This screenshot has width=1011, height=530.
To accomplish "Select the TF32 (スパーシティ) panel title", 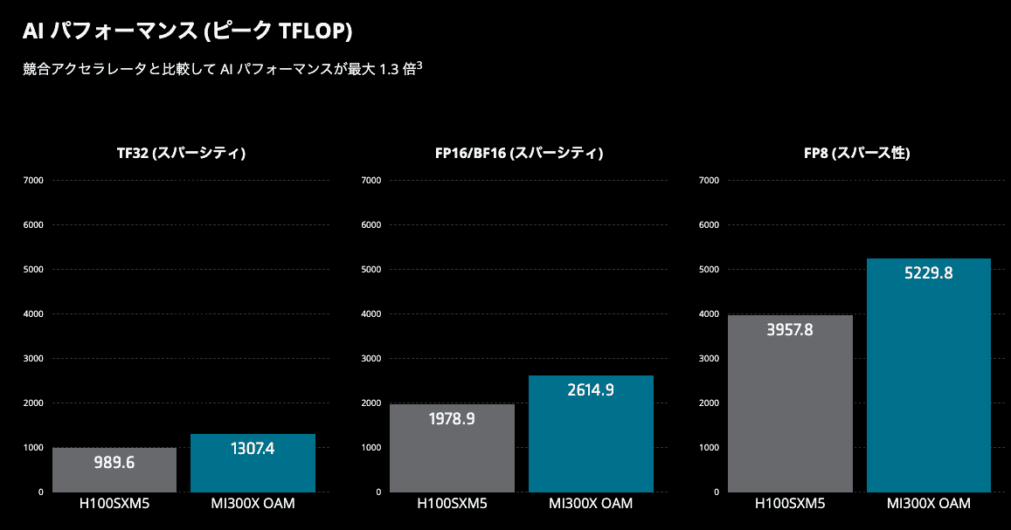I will [x=182, y=153].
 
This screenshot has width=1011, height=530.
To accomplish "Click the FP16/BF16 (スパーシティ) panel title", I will [x=519, y=153].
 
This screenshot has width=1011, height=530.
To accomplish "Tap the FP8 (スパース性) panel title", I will [x=857, y=153].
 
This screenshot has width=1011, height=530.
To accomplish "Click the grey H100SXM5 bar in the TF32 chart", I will [x=114, y=471].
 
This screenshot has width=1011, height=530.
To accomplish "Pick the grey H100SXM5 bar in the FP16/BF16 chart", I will [x=453, y=450].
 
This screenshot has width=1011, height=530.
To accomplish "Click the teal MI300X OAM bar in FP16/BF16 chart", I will [x=591, y=437].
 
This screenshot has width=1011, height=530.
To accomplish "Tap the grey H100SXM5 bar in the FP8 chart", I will [x=790, y=406].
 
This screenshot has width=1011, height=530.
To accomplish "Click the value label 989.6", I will [x=114, y=463].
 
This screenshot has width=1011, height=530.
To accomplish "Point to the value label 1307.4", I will [x=253, y=449].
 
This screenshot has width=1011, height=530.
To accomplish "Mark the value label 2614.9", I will [x=591, y=390].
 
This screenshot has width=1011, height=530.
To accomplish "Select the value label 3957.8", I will [x=790, y=331].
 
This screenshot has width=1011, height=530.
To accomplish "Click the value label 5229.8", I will [x=928, y=273].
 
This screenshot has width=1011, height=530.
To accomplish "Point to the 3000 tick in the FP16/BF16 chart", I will [x=371, y=359].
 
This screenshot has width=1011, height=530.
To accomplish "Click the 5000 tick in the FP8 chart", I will [x=709, y=270].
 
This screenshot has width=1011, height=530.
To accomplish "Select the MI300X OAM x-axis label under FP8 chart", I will [x=928, y=504].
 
